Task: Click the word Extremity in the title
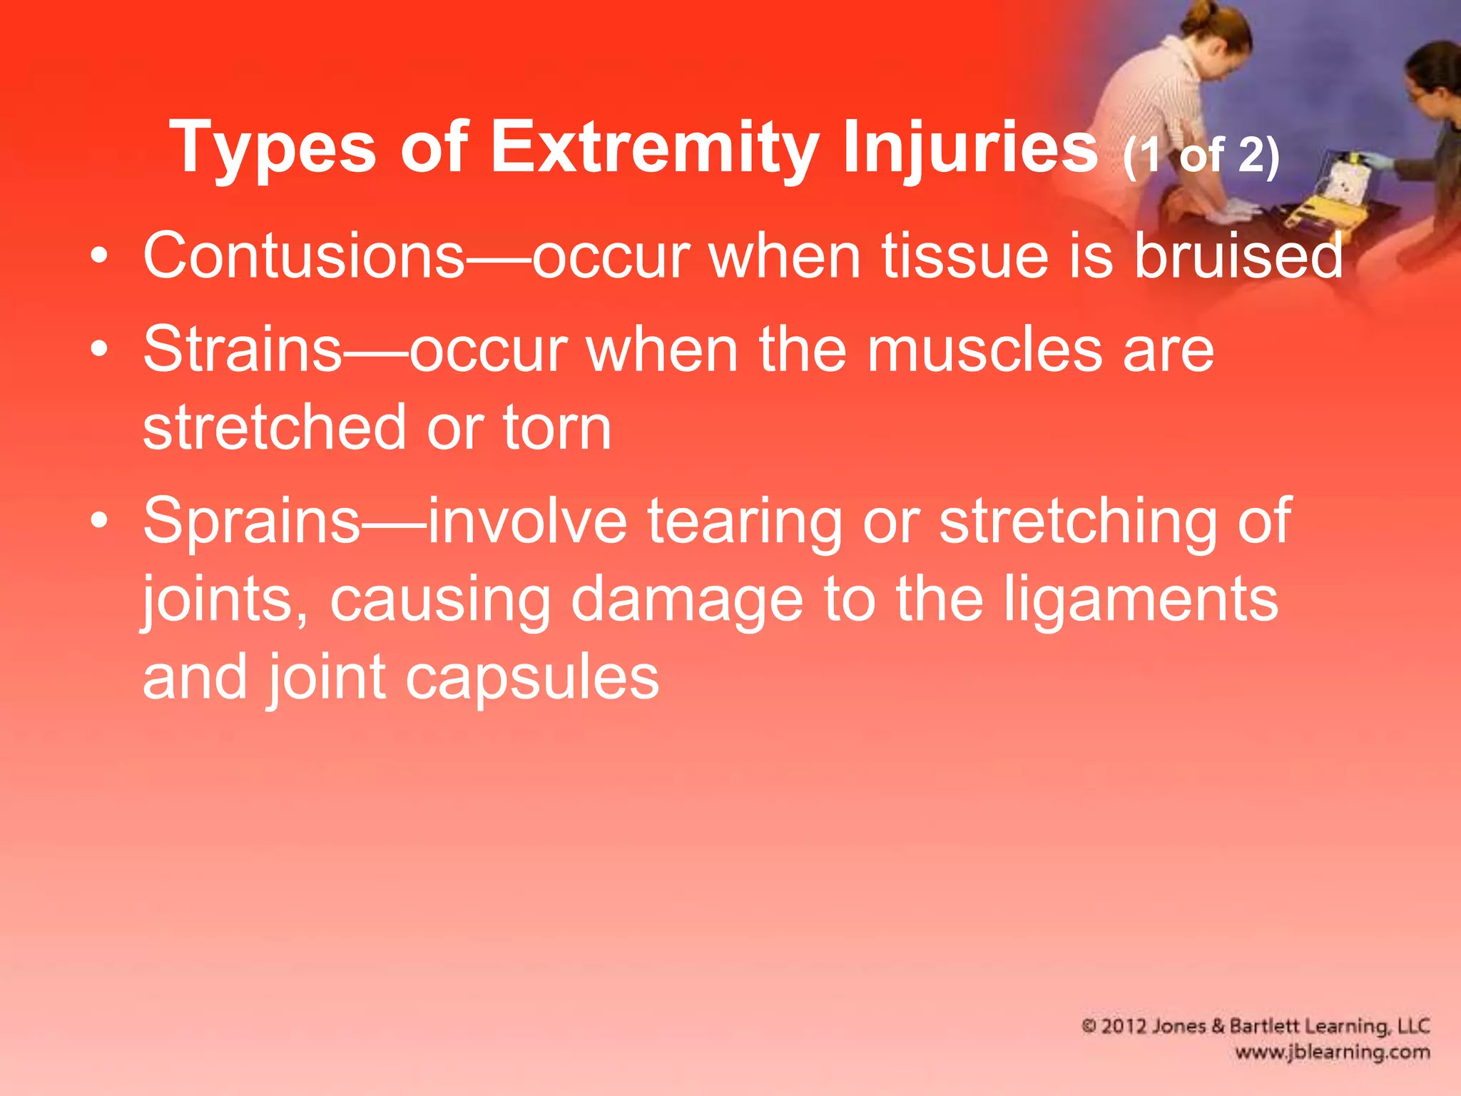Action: [654, 147]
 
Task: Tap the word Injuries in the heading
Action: [969, 147]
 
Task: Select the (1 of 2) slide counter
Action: [1201, 155]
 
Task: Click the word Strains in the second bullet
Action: [243, 349]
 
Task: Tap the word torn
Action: [556, 427]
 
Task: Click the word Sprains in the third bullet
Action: [251, 521]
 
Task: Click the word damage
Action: [686, 600]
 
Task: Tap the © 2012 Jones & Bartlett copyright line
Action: [1256, 1026]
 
